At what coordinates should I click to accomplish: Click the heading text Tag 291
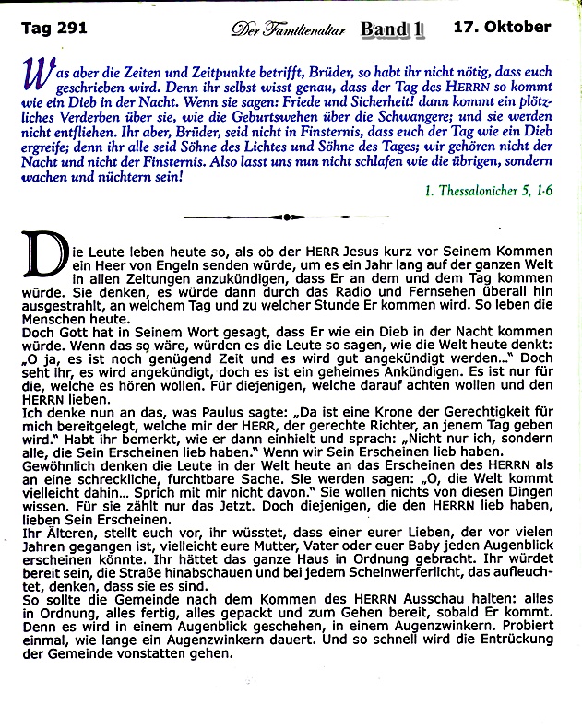(x=53, y=28)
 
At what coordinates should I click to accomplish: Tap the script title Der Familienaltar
(x=288, y=30)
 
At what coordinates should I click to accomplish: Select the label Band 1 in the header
(x=392, y=29)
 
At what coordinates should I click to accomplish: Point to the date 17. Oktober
(x=502, y=27)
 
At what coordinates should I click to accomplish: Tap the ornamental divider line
(x=288, y=217)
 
